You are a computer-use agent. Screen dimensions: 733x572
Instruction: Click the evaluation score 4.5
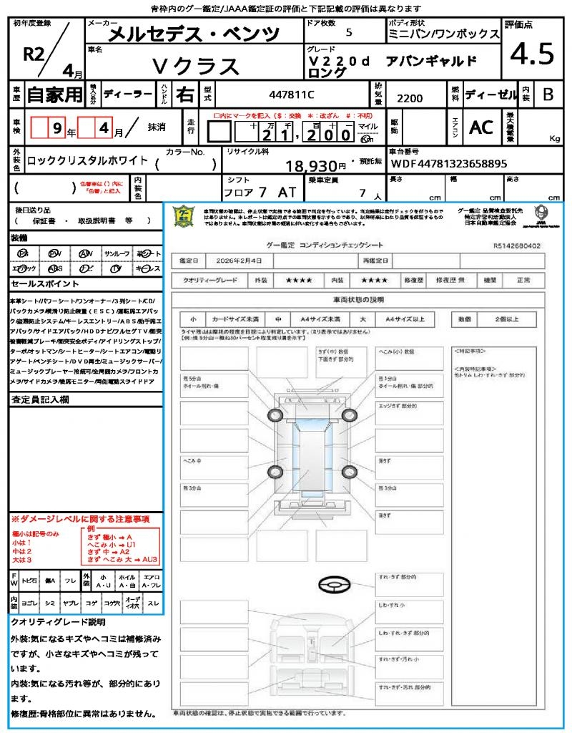click(x=528, y=54)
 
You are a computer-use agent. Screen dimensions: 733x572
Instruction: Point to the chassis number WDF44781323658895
click(x=450, y=164)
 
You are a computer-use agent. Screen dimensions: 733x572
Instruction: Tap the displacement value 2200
click(x=410, y=99)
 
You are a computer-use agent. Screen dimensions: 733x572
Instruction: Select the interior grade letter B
click(x=548, y=94)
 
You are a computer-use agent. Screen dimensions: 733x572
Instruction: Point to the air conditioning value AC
click(x=481, y=127)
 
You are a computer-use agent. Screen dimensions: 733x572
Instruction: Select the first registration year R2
click(x=34, y=54)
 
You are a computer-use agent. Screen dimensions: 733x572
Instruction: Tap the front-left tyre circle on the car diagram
click(x=276, y=416)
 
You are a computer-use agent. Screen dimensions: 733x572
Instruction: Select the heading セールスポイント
click(x=40, y=284)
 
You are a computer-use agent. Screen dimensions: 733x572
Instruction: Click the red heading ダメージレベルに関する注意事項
click(x=84, y=518)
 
